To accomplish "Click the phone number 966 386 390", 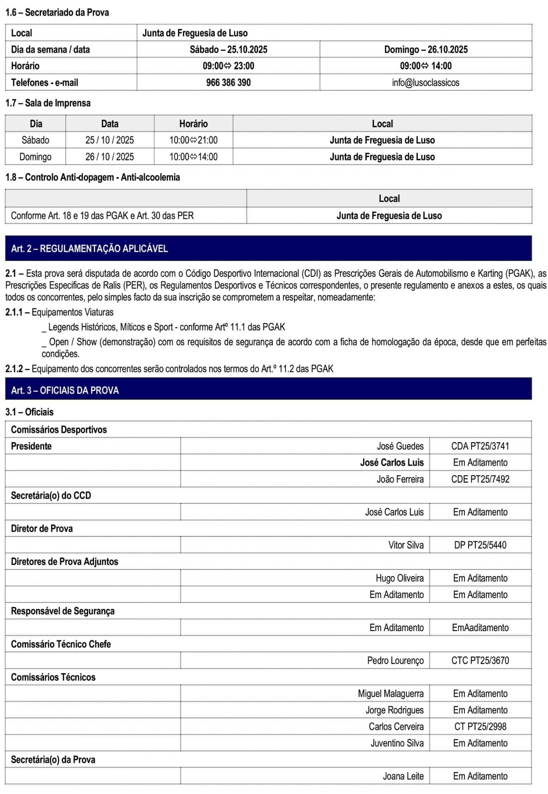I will click(x=228, y=82).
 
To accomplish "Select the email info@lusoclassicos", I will click(x=425, y=82).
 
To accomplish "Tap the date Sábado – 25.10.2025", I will click(x=228, y=49).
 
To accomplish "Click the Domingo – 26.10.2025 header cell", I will click(x=425, y=49).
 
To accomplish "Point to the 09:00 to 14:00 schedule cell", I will click(x=425, y=66).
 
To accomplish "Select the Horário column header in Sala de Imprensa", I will click(x=193, y=124).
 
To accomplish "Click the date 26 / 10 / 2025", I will click(x=110, y=157).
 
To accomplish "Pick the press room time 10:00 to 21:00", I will click(x=193, y=140).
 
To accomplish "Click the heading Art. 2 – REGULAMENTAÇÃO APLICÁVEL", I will click(x=89, y=249).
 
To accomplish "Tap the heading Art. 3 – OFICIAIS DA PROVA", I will click(x=65, y=390).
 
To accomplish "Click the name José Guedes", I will click(x=400, y=446).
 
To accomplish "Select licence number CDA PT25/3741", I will click(x=480, y=446).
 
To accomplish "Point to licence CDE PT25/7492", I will click(x=480, y=479).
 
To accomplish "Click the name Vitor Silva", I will click(x=406, y=545).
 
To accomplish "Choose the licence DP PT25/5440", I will click(x=480, y=545).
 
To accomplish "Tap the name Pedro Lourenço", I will click(x=395, y=660).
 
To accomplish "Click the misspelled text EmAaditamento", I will click(x=480, y=627).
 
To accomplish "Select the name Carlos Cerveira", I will click(x=396, y=727).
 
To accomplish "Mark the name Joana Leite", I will click(x=403, y=776).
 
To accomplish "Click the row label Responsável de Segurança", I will click(x=62, y=611).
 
